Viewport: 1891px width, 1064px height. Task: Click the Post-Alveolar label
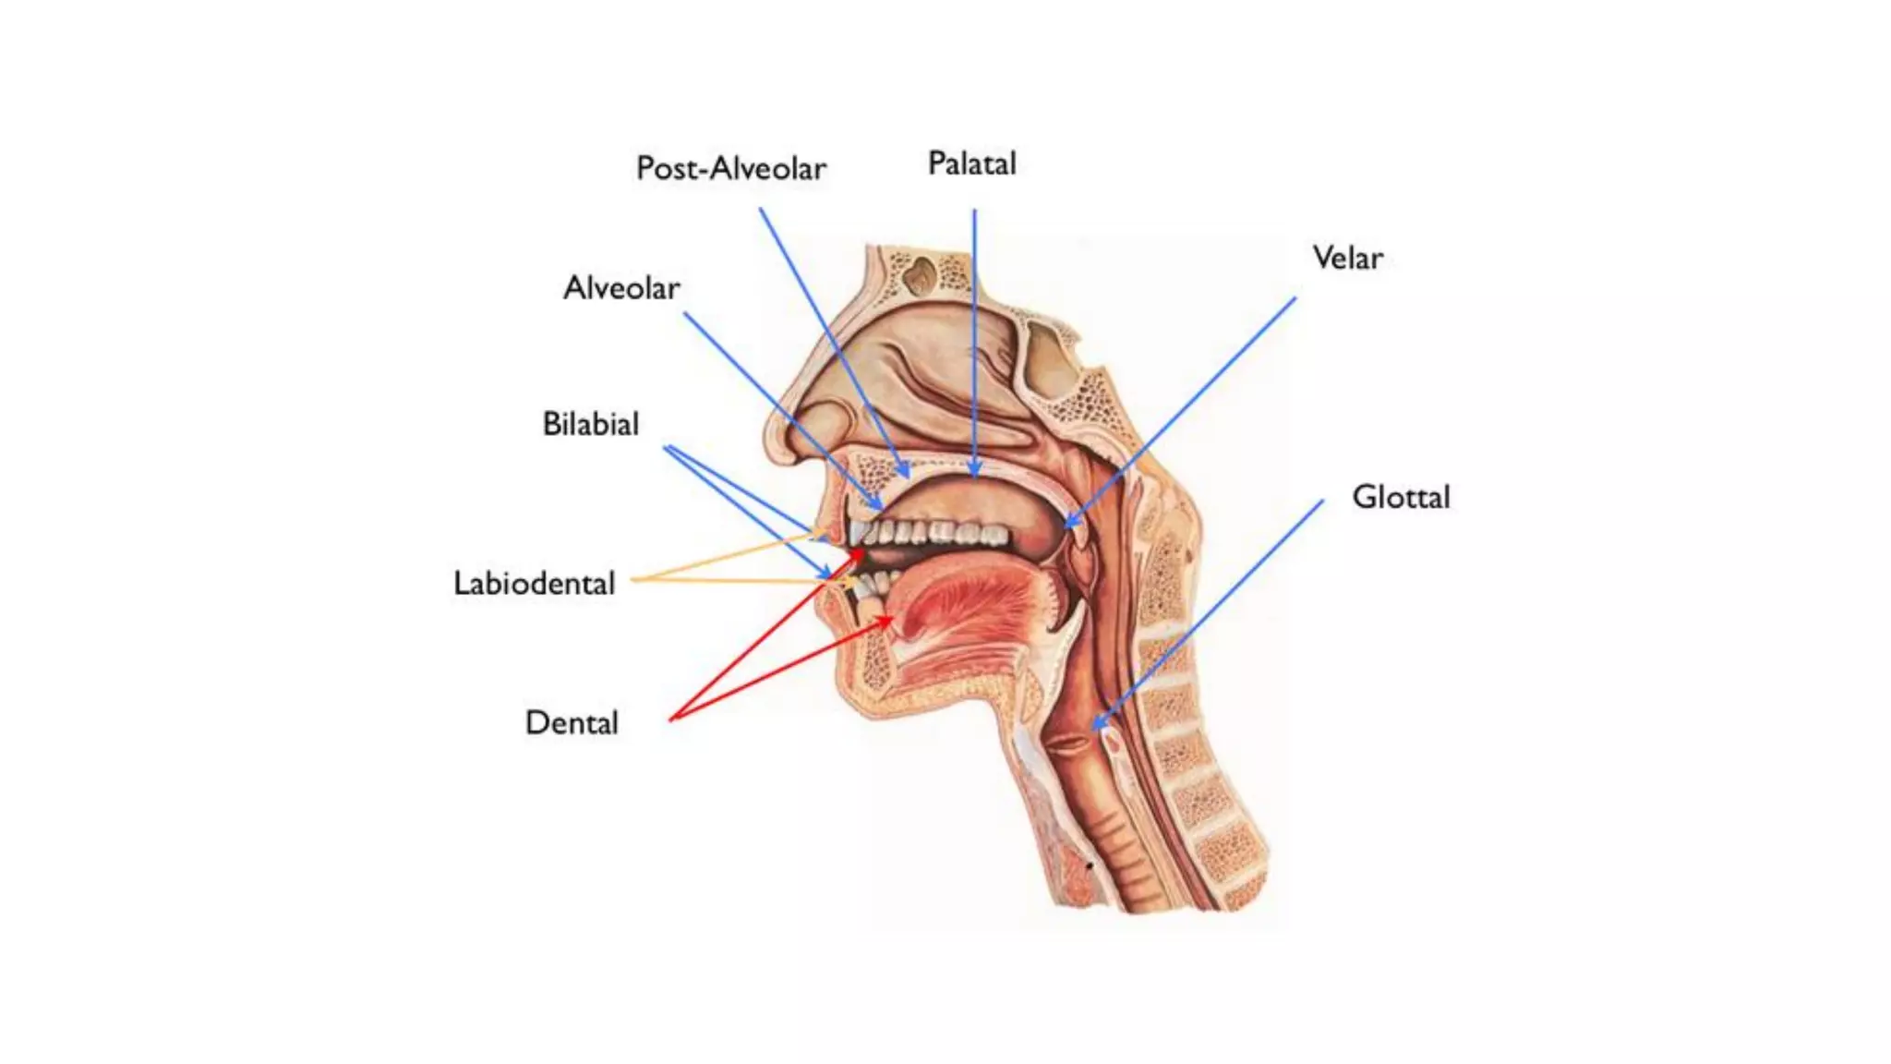[730, 168]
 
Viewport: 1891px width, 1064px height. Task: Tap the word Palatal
[971, 163]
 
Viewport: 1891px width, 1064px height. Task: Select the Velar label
[1347, 258]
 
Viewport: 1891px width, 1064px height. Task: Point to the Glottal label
[1401, 497]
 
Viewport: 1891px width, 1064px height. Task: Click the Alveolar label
[621, 288]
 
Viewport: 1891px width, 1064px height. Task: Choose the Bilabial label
[590, 424]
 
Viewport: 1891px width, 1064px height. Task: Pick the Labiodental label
[534, 583]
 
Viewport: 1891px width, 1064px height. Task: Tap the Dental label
[572, 722]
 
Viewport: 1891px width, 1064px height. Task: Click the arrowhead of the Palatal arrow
[974, 475]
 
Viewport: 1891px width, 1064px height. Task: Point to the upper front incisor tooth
[858, 533]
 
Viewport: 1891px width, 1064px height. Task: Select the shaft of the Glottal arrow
[1210, 614]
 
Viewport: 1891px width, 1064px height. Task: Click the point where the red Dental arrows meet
[671, 719]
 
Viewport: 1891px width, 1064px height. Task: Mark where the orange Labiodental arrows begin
[633, 580]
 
